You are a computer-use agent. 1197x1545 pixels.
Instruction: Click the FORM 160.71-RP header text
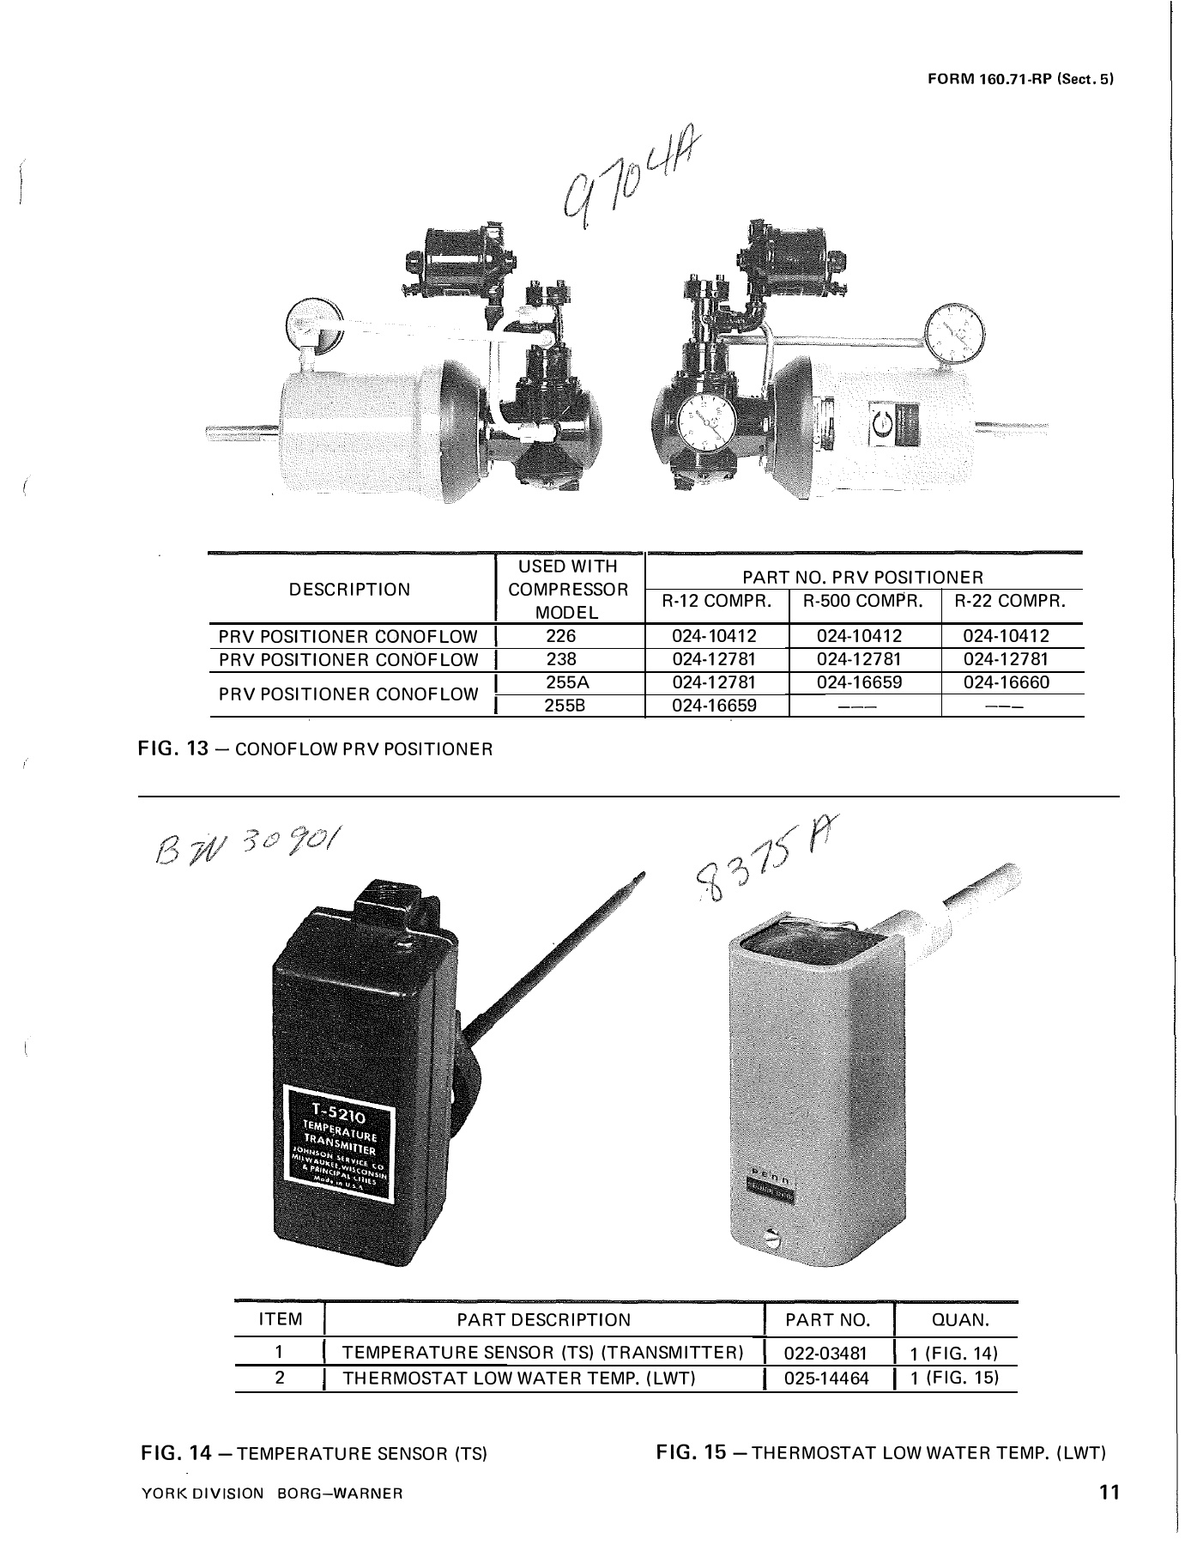coord(1020,80)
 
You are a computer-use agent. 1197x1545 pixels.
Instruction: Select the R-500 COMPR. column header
coord(863,601)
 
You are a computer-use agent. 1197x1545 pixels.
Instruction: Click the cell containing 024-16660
coord(1013,683)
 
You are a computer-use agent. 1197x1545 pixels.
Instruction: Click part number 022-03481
coord(827,1354)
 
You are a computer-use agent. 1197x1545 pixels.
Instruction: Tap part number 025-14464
coord(827,1378)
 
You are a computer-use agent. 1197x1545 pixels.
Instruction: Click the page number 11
coord(1109,1492)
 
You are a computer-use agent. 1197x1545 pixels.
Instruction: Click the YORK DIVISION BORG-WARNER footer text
coord(271,1493)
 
